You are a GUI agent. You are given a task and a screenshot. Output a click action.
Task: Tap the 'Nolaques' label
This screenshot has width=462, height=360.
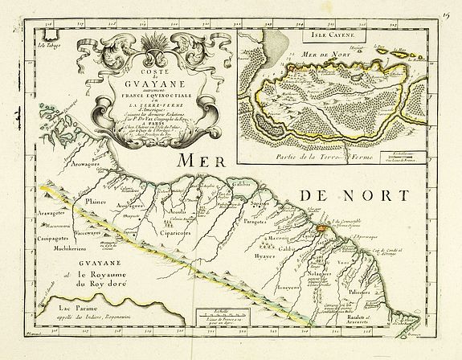[x=325, y=276]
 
